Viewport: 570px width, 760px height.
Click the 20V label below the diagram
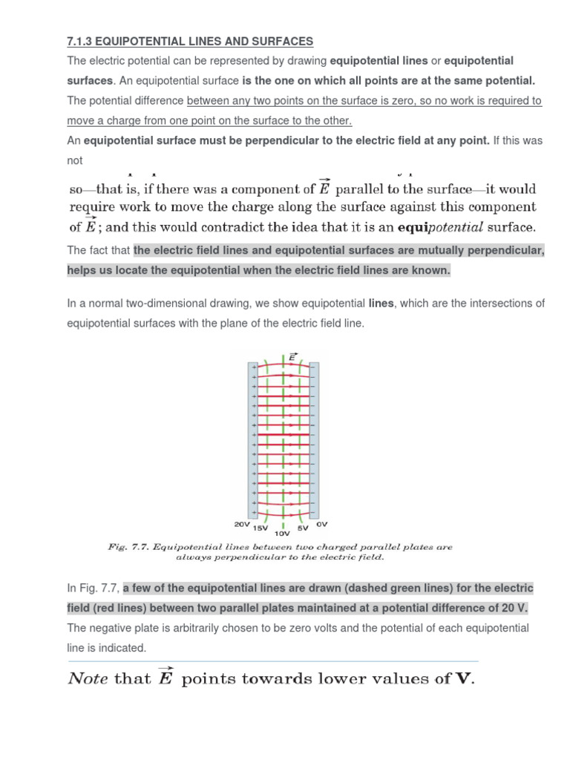tap(242, 524)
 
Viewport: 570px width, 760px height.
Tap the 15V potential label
tap(261, 528)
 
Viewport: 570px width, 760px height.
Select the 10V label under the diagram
tap(282, 534)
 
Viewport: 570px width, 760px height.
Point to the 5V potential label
tap(302, 528)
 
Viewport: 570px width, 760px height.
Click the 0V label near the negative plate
tap(321, 524)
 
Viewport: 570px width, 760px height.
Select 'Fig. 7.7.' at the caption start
tap(128, 547)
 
